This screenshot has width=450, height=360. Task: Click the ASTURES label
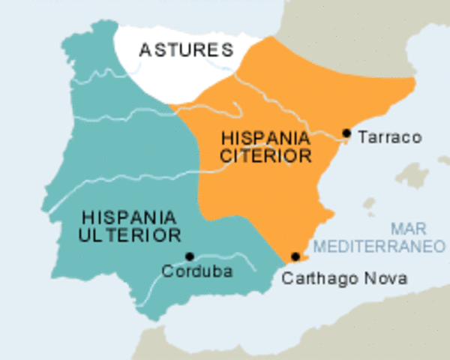pyautogui.click(x=185, y=51)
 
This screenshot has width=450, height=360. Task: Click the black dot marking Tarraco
pyautogui.click(x=346, y=133)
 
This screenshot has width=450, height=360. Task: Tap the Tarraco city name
pyautogui.click(x=390, y=137)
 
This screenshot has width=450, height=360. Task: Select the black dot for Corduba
pyautogui.click(x=190, y=256)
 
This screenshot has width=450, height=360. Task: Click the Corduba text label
pyautogui.click(x=197, y=271)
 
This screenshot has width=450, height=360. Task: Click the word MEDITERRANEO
pyautogui.click(x=379, y=245)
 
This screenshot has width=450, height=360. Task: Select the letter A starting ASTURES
pyautogui.click(x=144, y=51)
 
